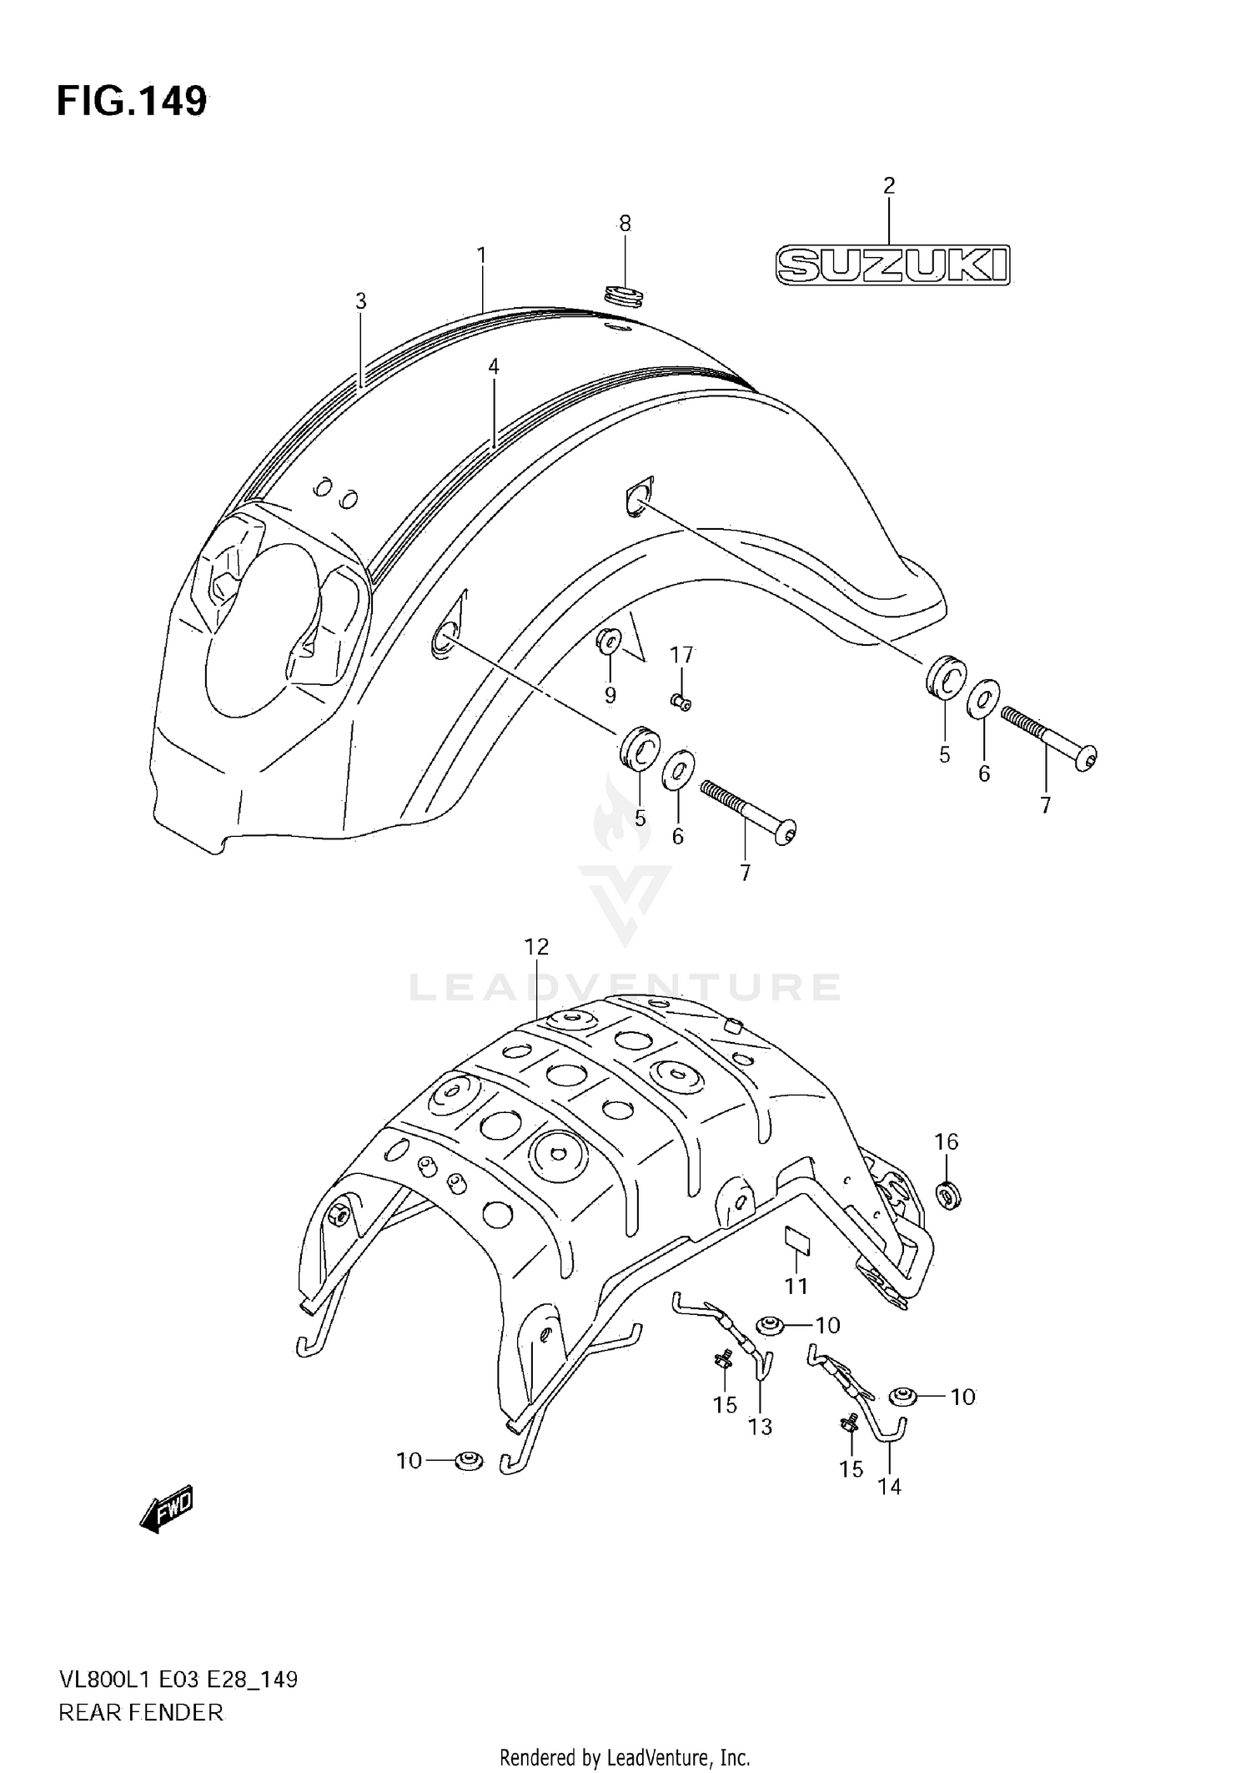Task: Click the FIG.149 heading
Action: [132, 102]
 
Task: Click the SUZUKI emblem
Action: [892, 265]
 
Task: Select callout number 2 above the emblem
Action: [889, 185]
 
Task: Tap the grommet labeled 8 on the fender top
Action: [624, 295]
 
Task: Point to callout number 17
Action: [681, 655]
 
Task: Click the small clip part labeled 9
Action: [608, 642]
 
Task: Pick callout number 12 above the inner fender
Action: [536, 946]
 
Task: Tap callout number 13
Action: [760, 1427]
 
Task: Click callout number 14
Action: [889, 1486]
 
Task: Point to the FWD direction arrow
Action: [167, 1509]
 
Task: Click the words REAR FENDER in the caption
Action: [141, 1712]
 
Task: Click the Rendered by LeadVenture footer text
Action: [625, 1758]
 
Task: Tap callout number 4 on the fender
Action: [493, 365]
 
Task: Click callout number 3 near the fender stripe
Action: [360, 300]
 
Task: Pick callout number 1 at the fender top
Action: [481, 255]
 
